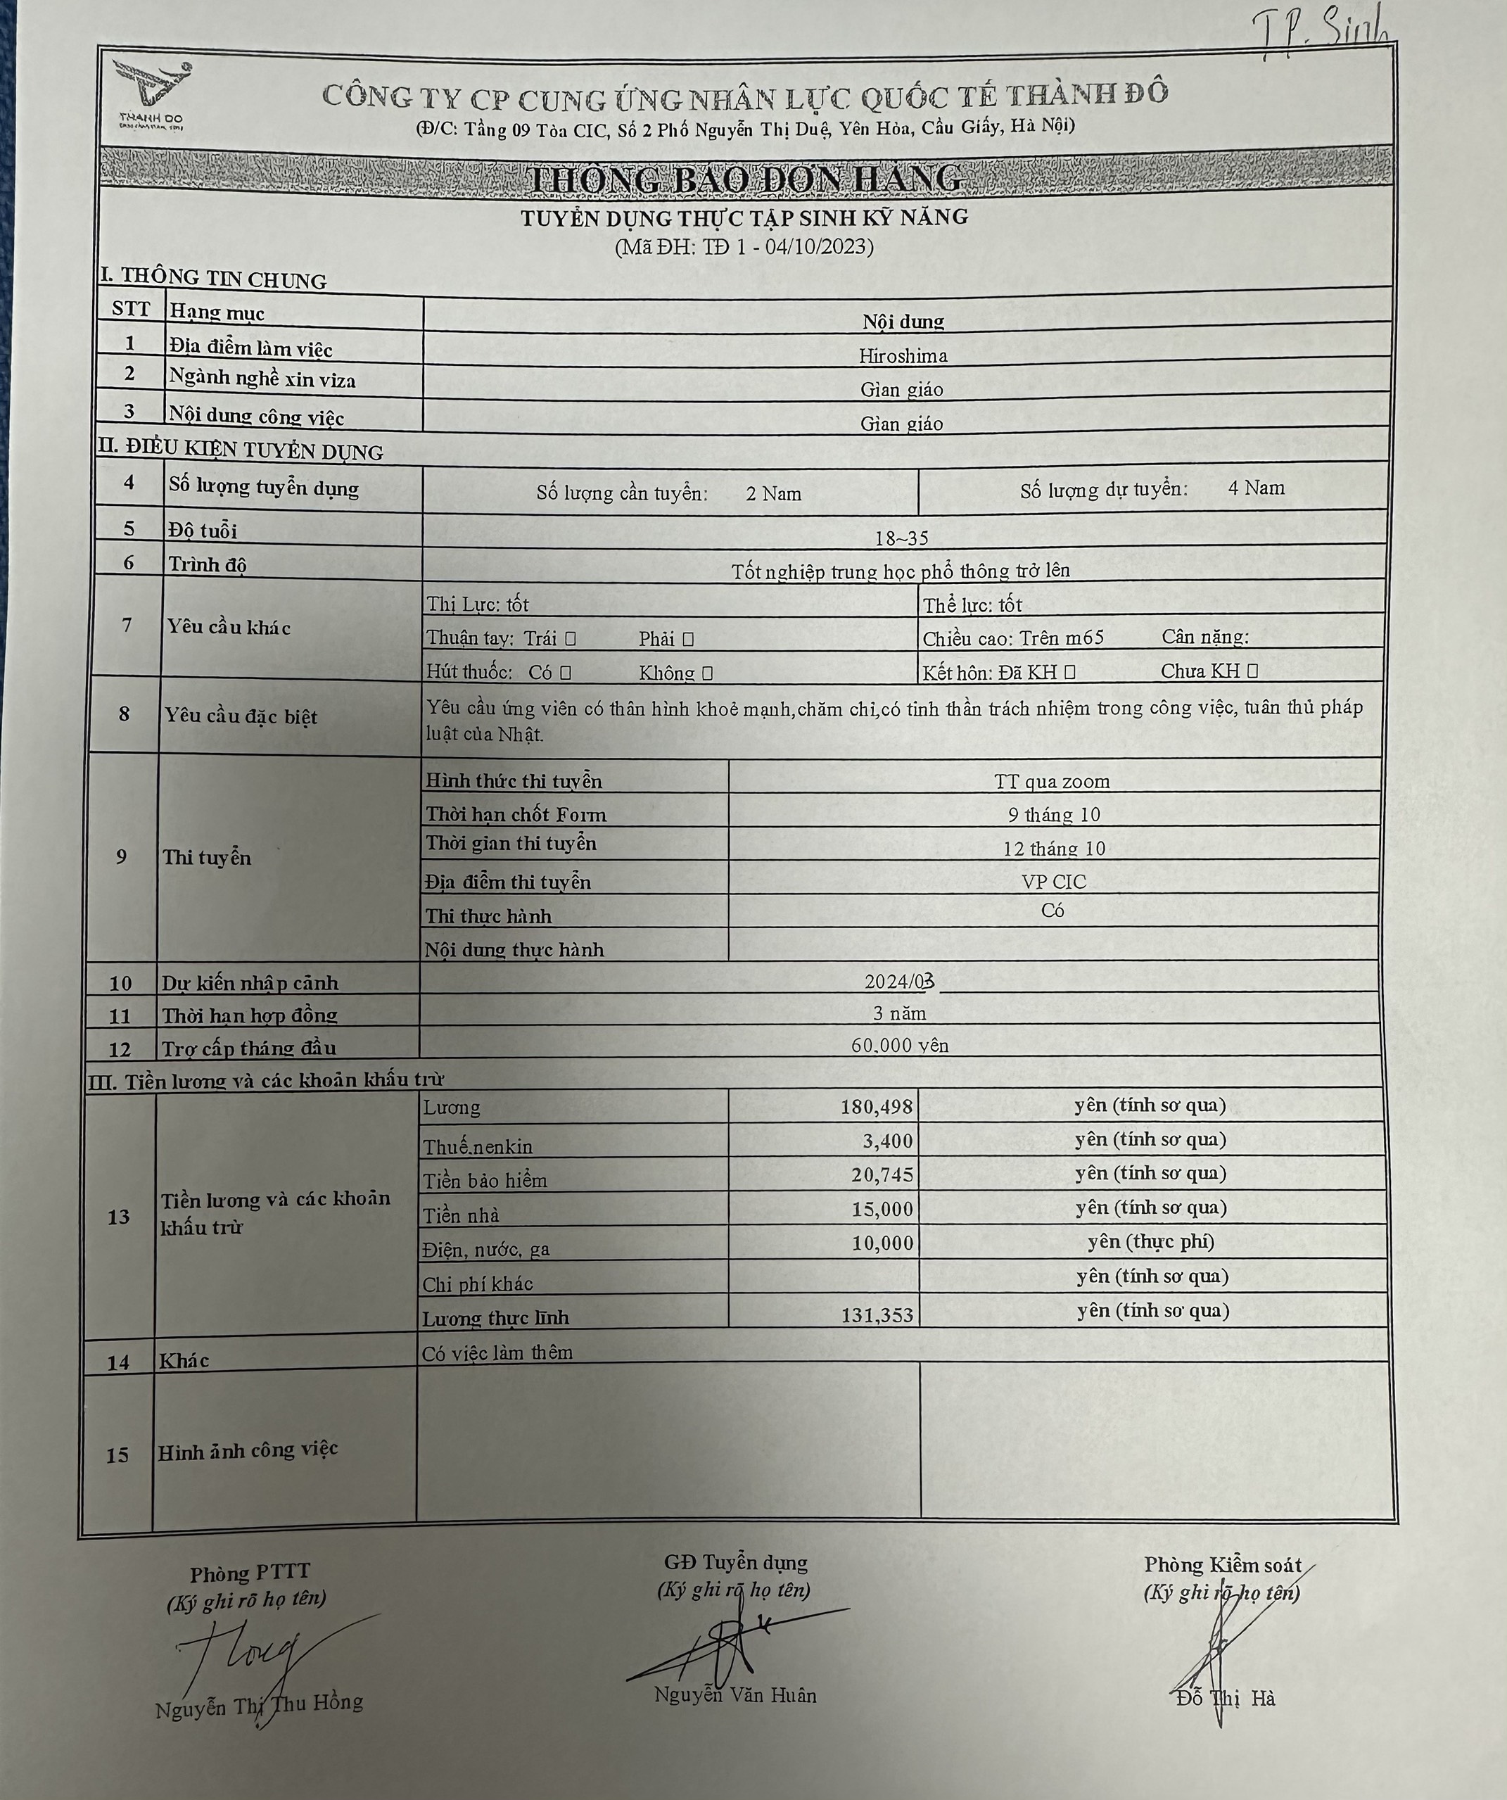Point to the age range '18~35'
(901, 538)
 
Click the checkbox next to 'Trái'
(571, 638)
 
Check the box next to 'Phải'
(687, 638)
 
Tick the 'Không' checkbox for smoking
(707, 673)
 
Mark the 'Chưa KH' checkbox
(1252, 671)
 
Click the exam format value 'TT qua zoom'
(1052, 781)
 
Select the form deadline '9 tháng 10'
(1053, 814)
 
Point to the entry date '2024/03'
(899, 982)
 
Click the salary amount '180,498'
(876, 1107)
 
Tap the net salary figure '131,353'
(877, 1314)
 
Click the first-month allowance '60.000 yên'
(899, 1045)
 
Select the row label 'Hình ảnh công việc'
(248, 1450)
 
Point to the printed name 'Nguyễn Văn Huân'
(735, 1694)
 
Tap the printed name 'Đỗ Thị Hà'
(1225, 1698)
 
